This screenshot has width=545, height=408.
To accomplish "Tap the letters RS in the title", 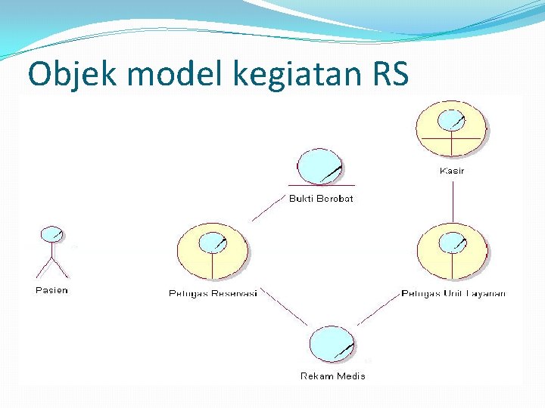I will point(388,74).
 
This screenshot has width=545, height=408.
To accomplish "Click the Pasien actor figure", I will point(51,252).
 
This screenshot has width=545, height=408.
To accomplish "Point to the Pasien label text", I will point(51,290).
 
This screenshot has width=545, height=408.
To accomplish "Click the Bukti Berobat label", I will point(321,199).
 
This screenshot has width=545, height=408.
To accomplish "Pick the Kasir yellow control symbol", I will point(452,128).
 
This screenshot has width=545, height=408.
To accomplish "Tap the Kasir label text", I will point(452,171).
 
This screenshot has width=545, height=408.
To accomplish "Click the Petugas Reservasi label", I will point(213,293).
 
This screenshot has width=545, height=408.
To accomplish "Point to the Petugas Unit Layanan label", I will point(453,293).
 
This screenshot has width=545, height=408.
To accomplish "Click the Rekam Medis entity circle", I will point(332,345).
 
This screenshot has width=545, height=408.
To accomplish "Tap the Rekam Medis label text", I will point(332,376).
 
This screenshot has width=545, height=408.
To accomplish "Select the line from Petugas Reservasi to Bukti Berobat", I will point(266,209).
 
